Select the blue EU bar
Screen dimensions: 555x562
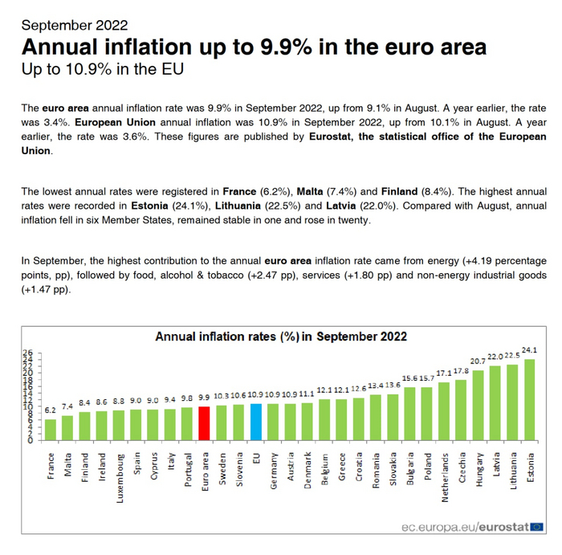pos(256,422)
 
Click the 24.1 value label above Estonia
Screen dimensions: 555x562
pos(529,350)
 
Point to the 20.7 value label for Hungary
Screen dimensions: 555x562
pos(477,362)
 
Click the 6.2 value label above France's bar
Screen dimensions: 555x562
pos(51,410)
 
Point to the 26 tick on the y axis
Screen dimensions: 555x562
pos(27,353)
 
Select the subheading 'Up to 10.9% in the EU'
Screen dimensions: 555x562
pos(102,69)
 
